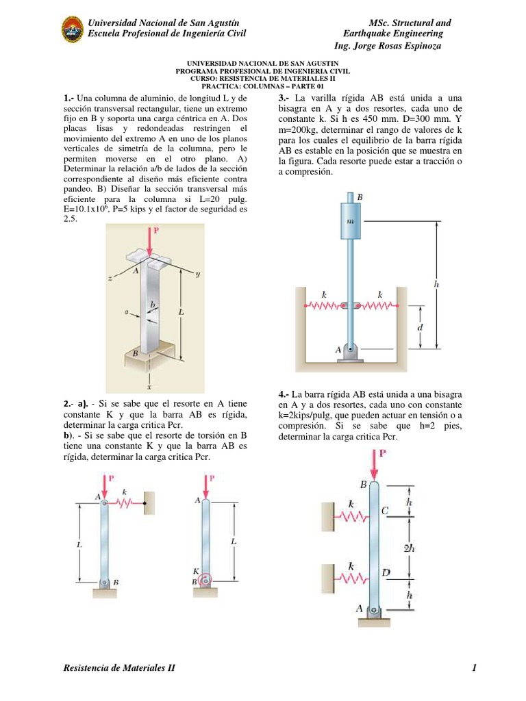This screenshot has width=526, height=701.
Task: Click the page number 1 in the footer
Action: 473,668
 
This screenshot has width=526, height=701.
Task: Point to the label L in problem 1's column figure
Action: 181,311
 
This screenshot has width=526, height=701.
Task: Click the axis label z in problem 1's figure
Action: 109,279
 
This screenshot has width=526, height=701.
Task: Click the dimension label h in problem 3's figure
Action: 437,283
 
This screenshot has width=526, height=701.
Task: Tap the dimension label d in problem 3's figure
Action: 420,327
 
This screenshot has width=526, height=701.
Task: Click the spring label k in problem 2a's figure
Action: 124,492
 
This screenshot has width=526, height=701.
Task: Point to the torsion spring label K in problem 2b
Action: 195,570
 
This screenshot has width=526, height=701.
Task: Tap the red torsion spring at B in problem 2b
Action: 205,581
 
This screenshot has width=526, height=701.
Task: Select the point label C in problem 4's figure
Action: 384,510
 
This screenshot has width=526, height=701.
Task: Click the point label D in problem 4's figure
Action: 386,572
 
